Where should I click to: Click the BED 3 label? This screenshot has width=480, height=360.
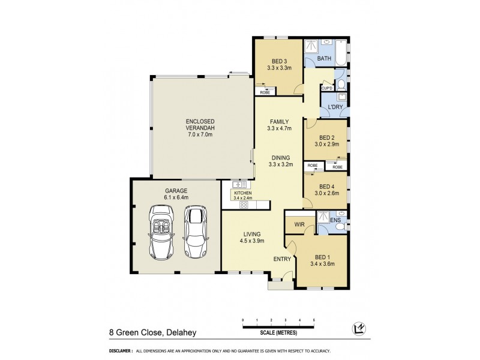point(279,61)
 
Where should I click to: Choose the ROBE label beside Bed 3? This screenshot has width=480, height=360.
point(265,92)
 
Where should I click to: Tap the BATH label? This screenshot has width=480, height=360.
point(324,58)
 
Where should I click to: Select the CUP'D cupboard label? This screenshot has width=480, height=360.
point(327,88)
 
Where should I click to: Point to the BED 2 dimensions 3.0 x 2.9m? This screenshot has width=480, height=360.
point(327,144)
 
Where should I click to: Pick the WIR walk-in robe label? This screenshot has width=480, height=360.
point(299,224)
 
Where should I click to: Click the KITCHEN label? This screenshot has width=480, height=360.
point(242,193)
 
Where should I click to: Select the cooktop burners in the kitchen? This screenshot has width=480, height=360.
point(244,205)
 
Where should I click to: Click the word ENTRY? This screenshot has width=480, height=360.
point(282,259)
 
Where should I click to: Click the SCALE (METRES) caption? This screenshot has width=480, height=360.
point(278,332)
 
